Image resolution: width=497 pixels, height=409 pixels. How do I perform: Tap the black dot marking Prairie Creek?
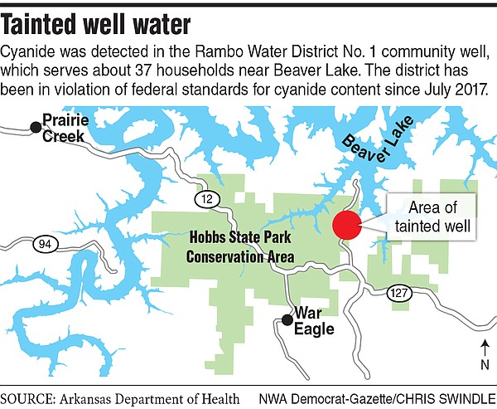pos(35,126)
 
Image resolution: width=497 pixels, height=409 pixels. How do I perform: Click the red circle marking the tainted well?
pos(346,225)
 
